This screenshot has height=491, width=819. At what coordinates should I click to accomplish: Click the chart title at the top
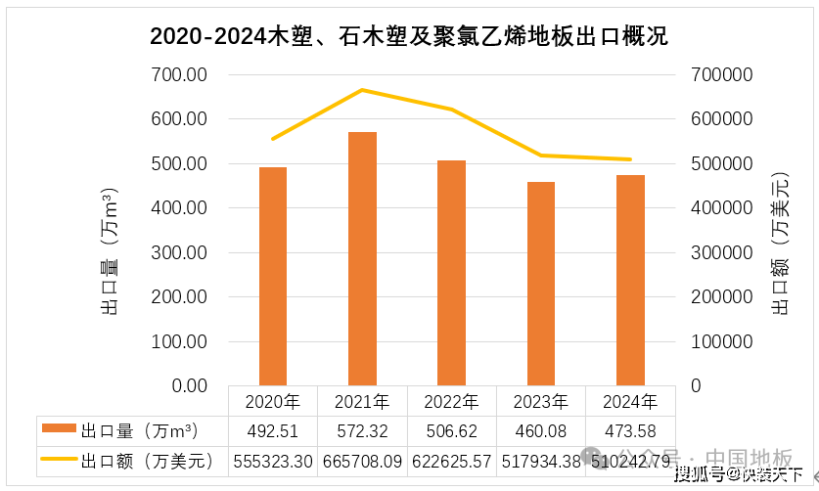409,37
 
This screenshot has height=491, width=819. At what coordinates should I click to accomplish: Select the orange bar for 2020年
273,276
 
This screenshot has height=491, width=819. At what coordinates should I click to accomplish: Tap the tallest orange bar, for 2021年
362,258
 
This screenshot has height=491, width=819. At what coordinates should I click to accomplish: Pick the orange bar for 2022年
451,273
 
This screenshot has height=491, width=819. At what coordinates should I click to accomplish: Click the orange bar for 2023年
541,284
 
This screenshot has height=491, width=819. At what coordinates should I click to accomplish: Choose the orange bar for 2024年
630,280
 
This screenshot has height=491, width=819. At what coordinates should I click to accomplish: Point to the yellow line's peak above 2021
362,90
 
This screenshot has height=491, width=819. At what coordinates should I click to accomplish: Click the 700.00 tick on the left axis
179,75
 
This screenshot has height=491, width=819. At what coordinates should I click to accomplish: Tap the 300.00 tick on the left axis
179,253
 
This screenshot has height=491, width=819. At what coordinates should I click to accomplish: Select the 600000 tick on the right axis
721,119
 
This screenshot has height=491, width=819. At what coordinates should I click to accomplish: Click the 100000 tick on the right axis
721,342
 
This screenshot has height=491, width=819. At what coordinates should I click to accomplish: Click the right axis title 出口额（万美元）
780,245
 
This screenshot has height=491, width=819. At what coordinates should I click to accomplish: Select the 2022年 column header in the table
451,401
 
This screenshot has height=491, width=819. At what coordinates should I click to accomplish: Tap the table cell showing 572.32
362,430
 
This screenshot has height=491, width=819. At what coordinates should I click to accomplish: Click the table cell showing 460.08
541,430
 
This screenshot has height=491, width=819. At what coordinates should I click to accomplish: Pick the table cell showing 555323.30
273,460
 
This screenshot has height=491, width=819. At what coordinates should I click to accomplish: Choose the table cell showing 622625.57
451,460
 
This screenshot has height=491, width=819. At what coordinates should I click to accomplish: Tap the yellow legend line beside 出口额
59,460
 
